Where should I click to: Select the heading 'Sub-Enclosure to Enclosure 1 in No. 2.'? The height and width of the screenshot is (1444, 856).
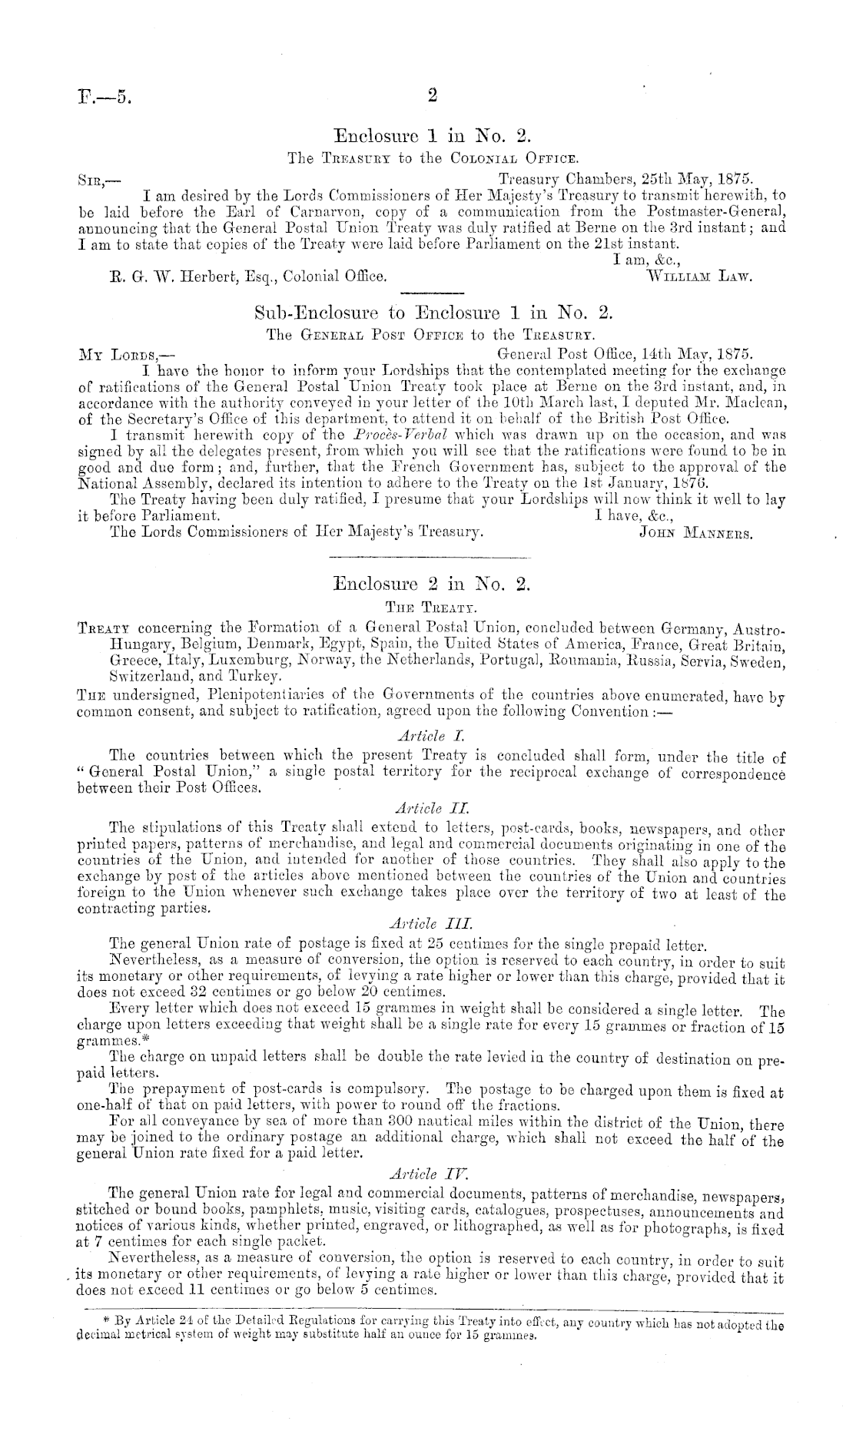pos(433,313)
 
